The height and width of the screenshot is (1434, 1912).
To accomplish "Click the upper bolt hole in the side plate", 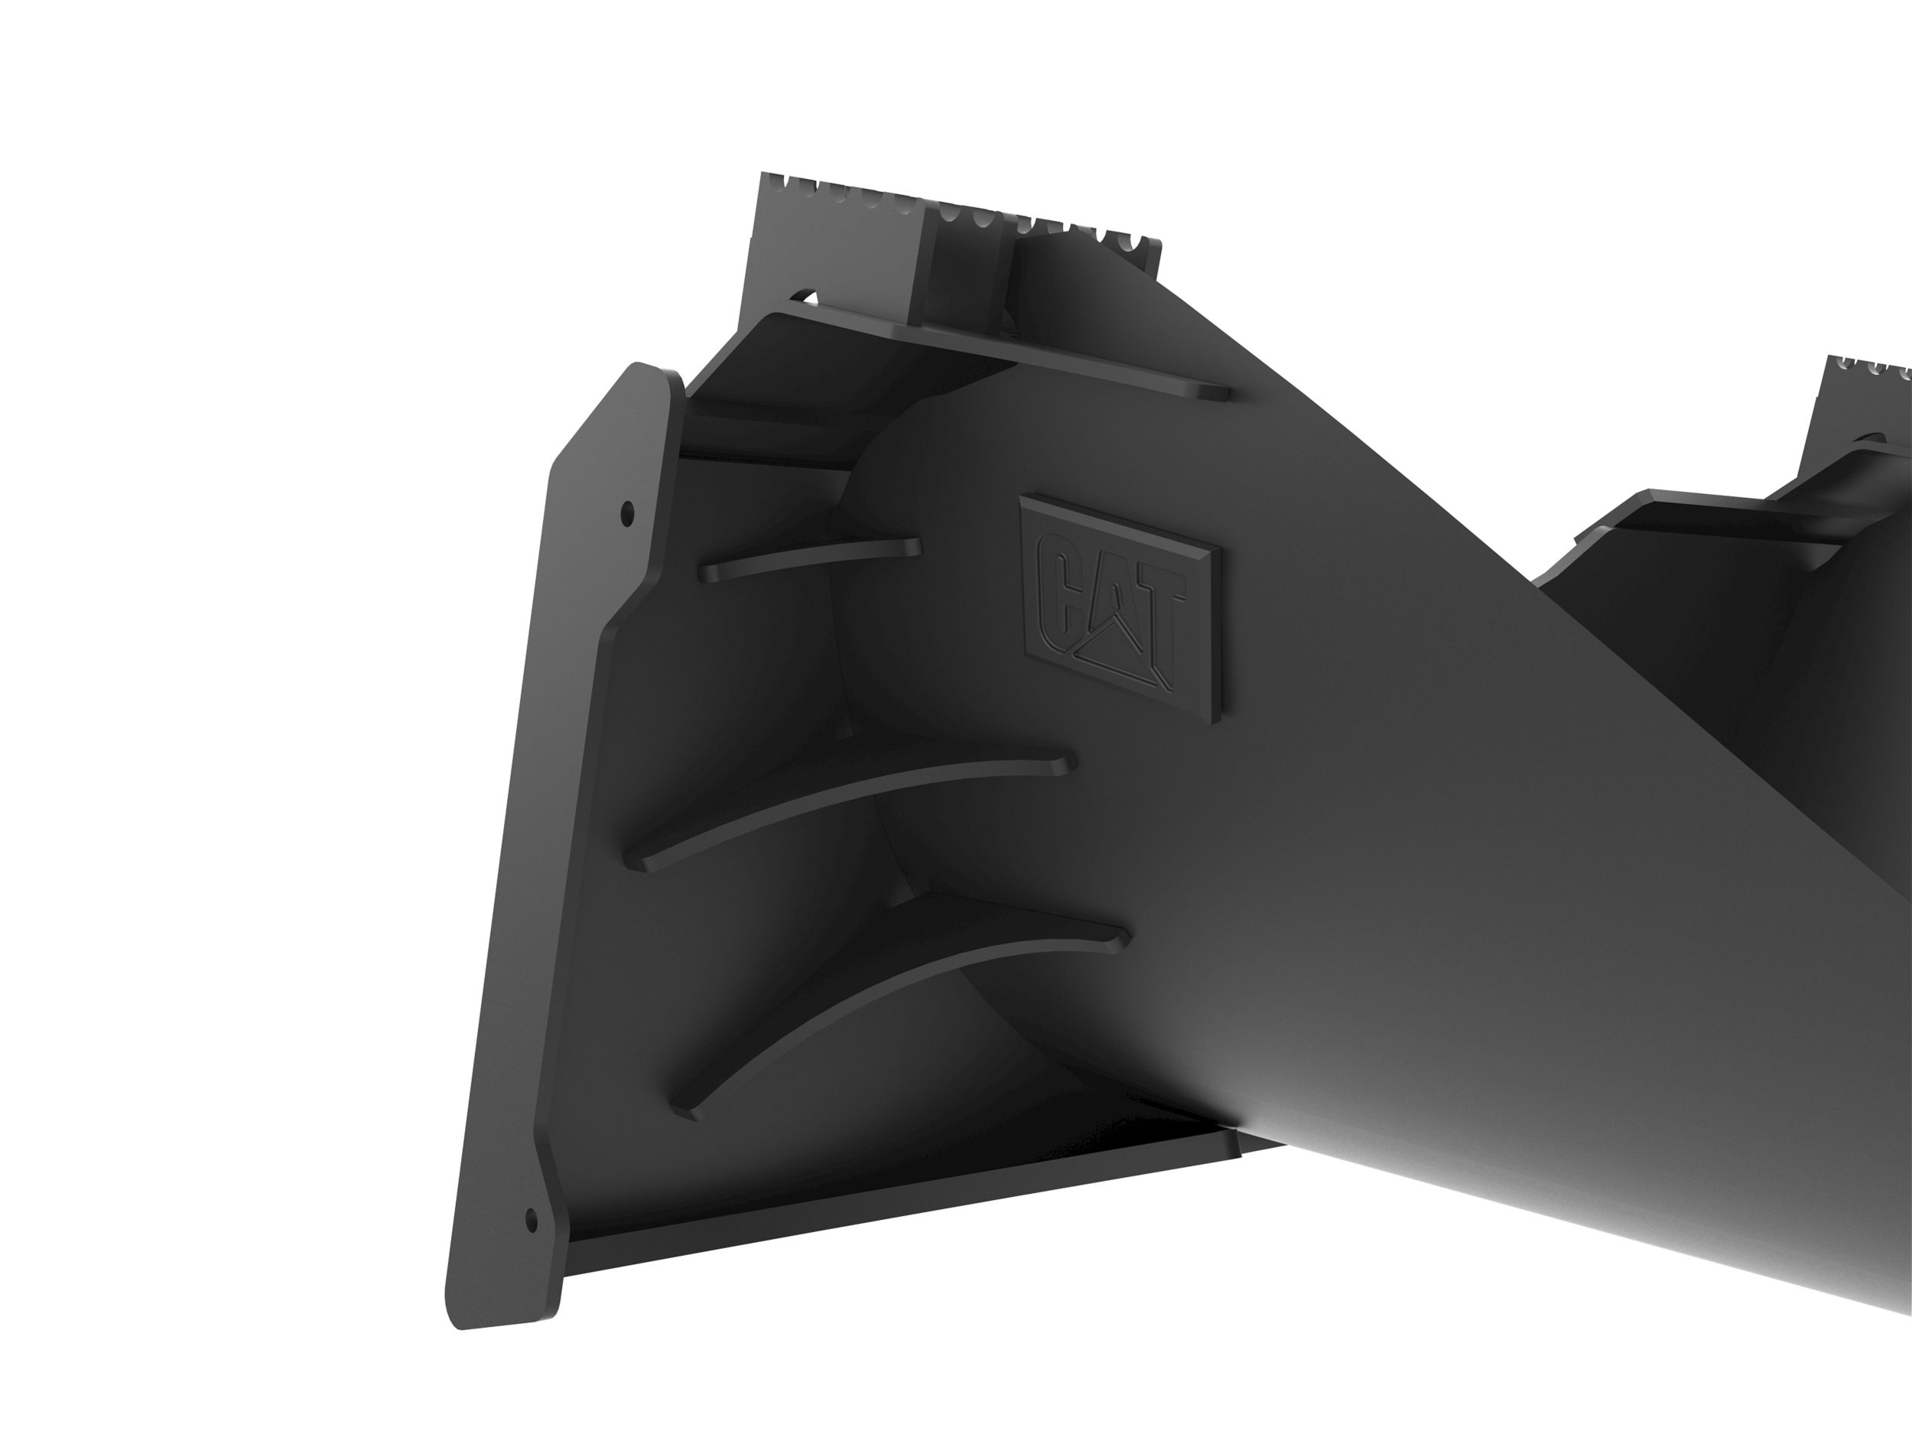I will (x=628, y=512).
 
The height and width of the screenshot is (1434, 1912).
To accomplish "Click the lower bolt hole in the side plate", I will (x=531, y=1220).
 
